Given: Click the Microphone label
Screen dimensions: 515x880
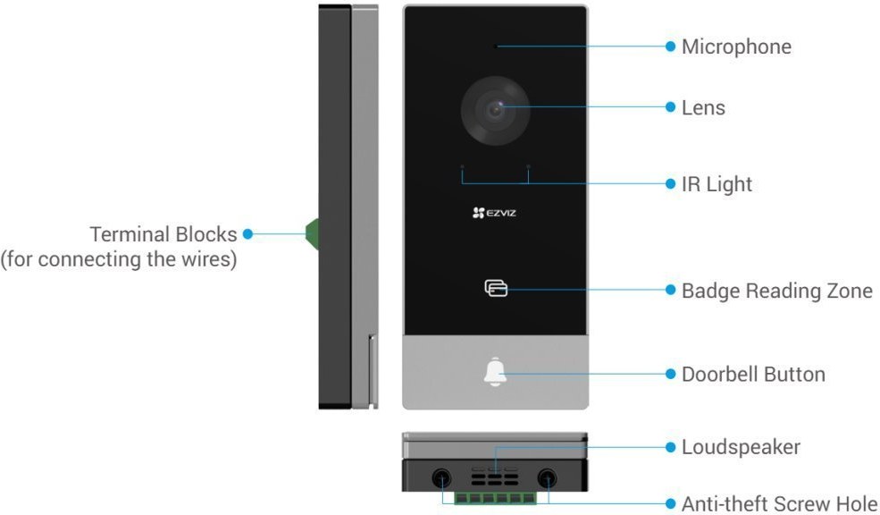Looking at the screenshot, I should point(736,46).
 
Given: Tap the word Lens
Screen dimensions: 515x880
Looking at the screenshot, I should point(703,108).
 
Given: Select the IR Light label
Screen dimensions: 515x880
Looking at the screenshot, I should point(717,184).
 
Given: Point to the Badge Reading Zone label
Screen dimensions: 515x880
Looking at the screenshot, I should point(776,291).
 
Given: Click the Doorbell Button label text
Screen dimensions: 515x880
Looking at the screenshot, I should point(753,374).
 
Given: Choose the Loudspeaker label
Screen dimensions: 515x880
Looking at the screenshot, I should point(741,446).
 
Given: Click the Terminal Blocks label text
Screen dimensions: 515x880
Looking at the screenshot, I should point(163,234).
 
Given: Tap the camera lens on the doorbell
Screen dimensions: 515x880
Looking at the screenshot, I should point(495,111).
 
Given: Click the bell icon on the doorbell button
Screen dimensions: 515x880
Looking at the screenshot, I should point(495,373).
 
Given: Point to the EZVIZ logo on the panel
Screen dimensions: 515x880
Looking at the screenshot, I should point(494,212).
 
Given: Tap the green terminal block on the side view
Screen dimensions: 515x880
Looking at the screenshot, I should point(312,233).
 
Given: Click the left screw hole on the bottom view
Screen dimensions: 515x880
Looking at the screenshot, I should point(441,478).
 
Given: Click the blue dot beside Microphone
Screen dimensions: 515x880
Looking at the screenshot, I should point(671,46).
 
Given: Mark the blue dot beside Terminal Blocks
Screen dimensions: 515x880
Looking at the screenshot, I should point(247,234).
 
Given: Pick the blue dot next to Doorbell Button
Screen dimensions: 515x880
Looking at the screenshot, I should point(671,374).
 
